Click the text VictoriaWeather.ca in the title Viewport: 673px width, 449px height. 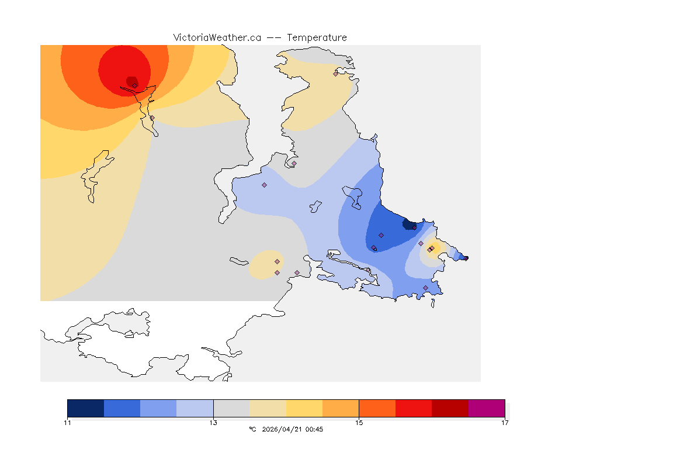[217, 37]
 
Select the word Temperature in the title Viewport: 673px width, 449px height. [317, 37]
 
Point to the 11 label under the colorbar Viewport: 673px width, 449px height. [68, 423]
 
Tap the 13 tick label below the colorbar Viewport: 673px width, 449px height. [213, 423]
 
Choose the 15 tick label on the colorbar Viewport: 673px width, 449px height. [359, 423]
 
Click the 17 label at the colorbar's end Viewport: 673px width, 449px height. [505, 423]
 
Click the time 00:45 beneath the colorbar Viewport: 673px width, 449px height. [314, 429]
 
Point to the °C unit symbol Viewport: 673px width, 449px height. [252, 429]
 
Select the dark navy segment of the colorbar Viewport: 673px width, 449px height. [85, 408]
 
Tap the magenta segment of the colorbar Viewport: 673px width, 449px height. [487, 408]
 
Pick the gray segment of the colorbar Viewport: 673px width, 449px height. [231, 408]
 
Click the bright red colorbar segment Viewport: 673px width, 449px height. [414, 408]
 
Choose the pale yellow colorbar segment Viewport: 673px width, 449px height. [304, 408]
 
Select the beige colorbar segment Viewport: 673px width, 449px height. [268, 408]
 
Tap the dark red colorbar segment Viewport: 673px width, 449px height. [450, 408]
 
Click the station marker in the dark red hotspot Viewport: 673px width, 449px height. [134, 85]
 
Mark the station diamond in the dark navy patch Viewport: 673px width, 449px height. [414, 227]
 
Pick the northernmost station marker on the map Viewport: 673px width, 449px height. [335, 74]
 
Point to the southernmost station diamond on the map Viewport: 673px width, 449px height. [425, 288]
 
